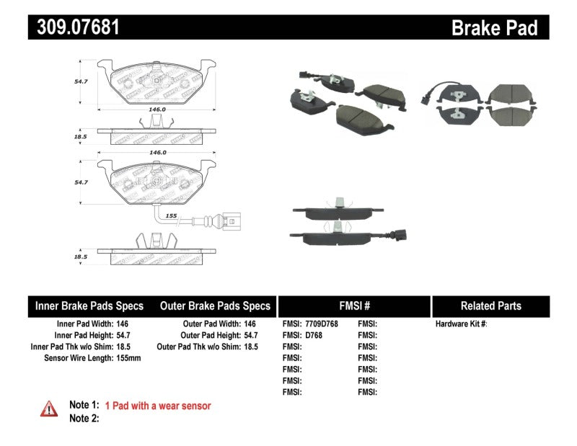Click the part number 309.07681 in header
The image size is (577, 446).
point(74,27)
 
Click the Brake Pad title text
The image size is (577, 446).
point(494,27)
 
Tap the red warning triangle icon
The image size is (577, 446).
point(49,409)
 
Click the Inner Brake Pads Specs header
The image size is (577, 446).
point(89,305)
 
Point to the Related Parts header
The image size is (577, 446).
point(490,305)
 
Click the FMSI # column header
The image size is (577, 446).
point(353,305)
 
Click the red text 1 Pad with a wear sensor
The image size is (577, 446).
point(158,406)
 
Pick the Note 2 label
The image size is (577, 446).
point(83,418)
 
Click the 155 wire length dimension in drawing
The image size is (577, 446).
point(172,215)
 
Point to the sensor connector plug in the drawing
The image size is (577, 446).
point(233,215)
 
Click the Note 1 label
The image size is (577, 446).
point(83,406)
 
